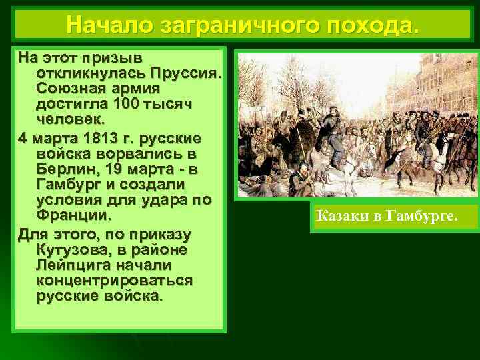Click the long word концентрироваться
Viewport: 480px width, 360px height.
click(115, 281)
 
